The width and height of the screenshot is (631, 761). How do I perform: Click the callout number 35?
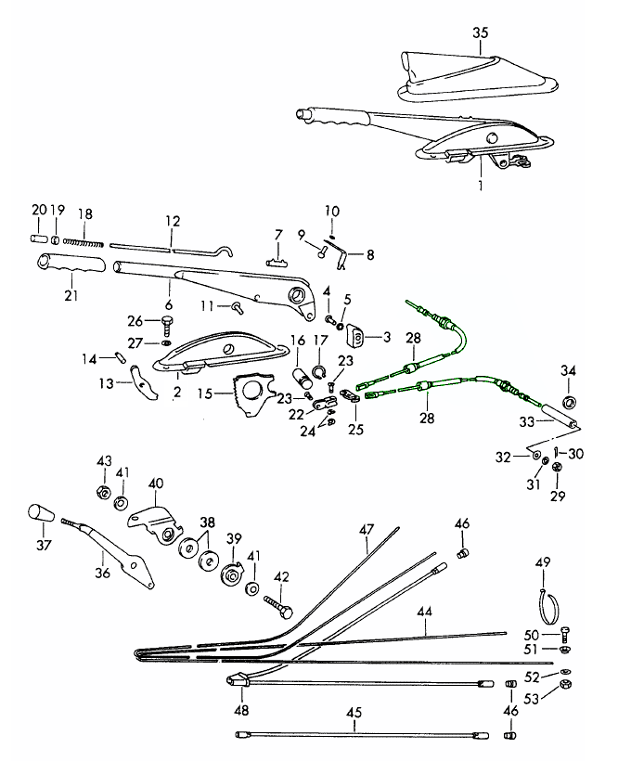(x=479, y=33)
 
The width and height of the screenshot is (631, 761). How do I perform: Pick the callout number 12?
(x=173, y=222)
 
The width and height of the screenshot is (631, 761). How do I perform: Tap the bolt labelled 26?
(x=167, y=322)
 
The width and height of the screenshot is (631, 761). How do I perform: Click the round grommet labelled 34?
(x=569, y=402)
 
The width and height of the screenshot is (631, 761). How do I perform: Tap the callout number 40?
(x=155, y=484)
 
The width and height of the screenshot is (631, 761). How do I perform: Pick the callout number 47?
(x=367, y=530)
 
